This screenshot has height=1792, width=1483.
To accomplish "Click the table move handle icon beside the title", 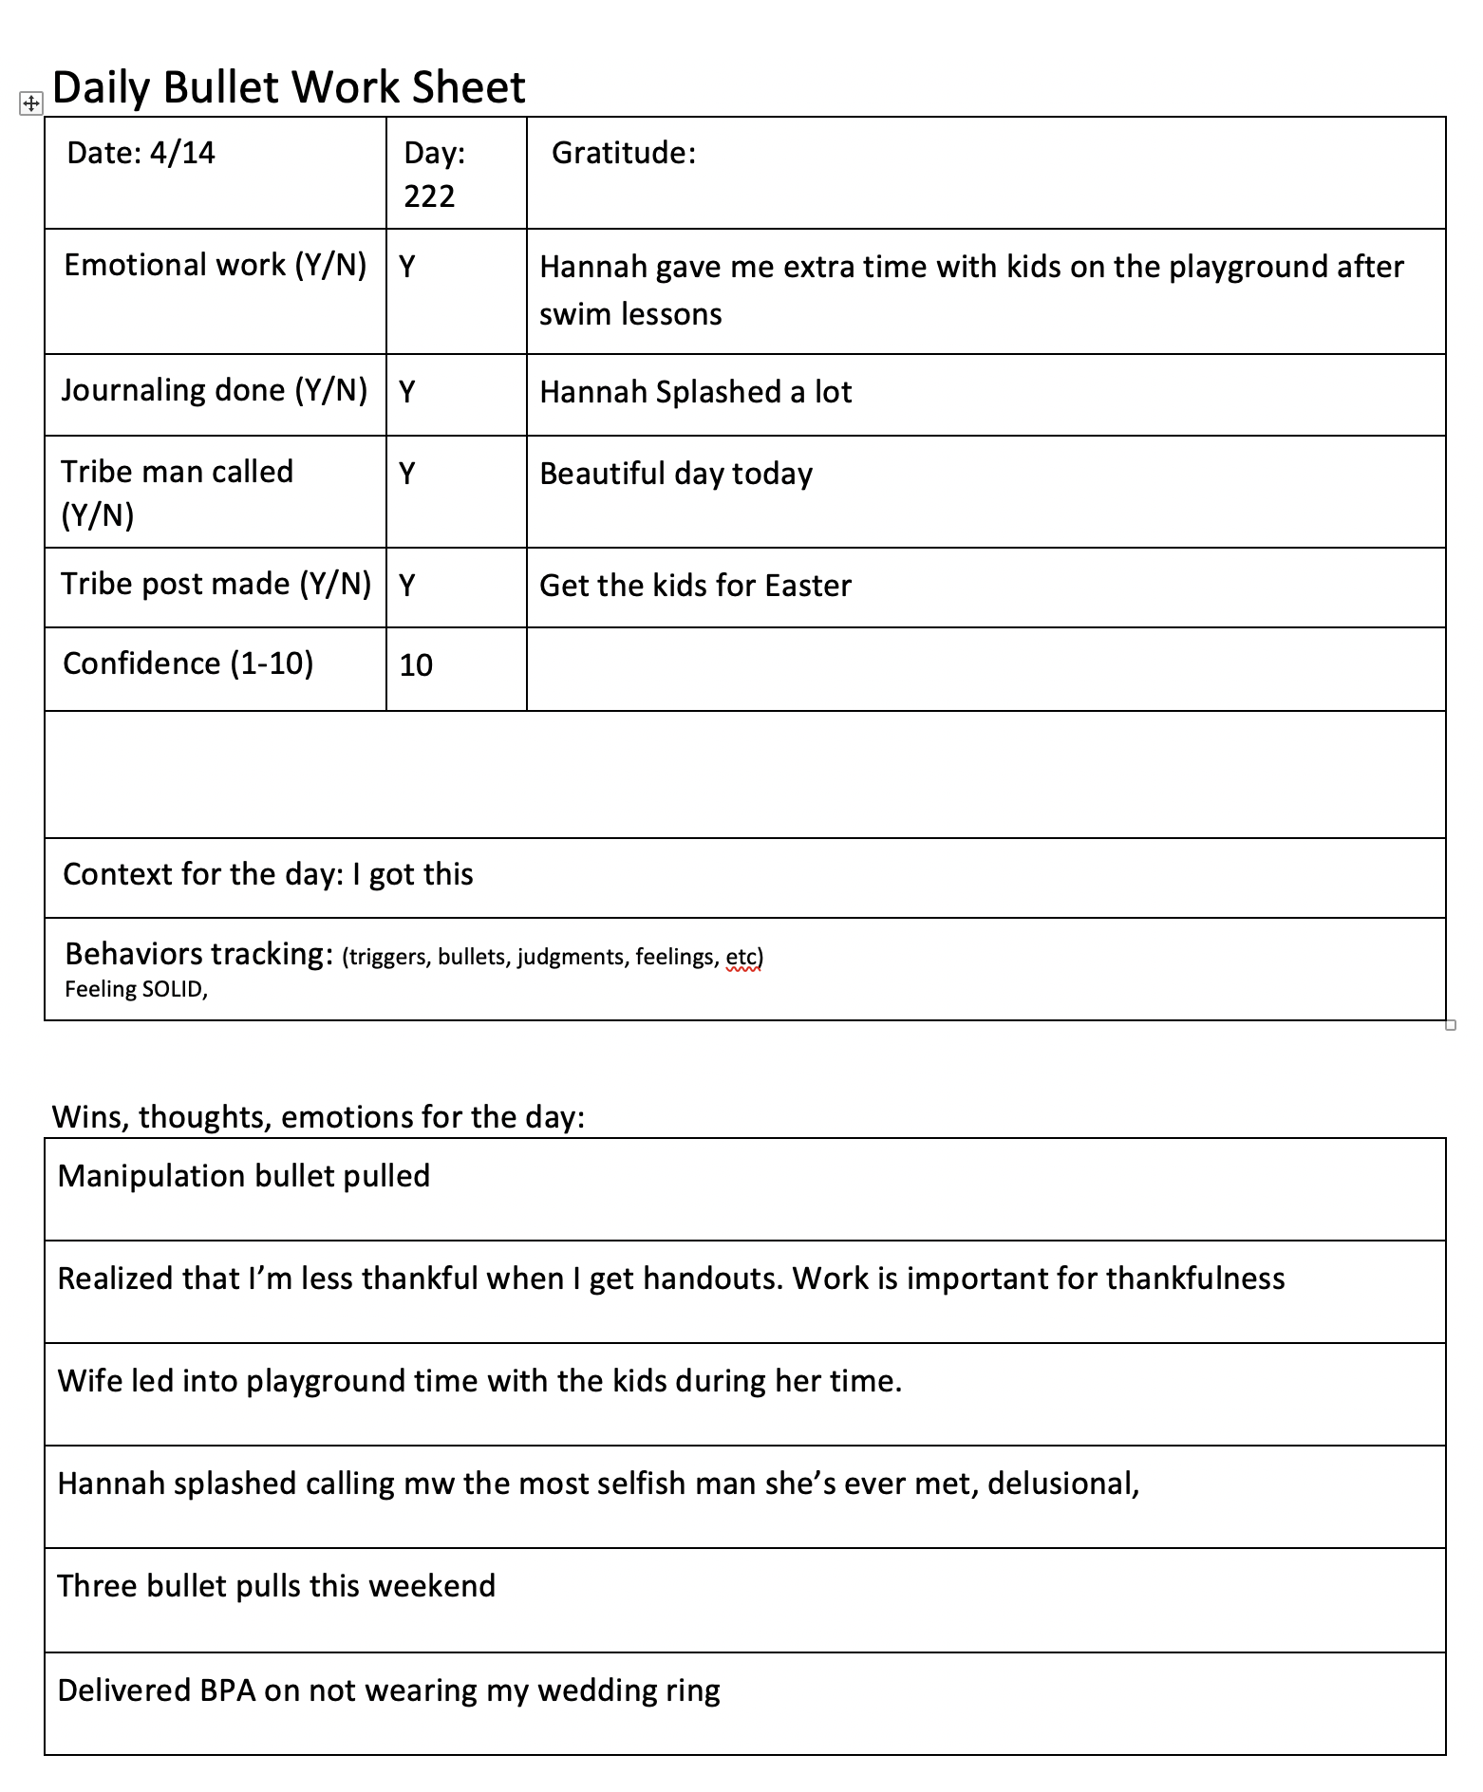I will pyautogui.click(x=30, y=103).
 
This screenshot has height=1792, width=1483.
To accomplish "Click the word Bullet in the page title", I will pyautogui.click(x=222, y=88).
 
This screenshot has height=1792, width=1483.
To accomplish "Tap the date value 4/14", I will pyautogui.click(x=182, y=153).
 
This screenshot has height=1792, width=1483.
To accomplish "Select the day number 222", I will pyautogui.click(x=429, y=196).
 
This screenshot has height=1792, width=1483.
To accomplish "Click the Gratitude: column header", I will pyautogui.click(x=624, y=153).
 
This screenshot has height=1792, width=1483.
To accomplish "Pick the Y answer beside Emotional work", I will pyautogui.click(x=407, y=267).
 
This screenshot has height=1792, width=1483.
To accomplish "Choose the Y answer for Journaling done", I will pyautogui.click(x=407, y=392).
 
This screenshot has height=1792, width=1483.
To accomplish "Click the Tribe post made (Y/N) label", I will pyautogui.click(x=216, y=584).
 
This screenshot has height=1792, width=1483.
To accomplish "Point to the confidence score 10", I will pyautogui.click(x=416, y=665).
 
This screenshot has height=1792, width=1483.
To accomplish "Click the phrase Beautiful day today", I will pyautogui.click(x=676, y=474).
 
